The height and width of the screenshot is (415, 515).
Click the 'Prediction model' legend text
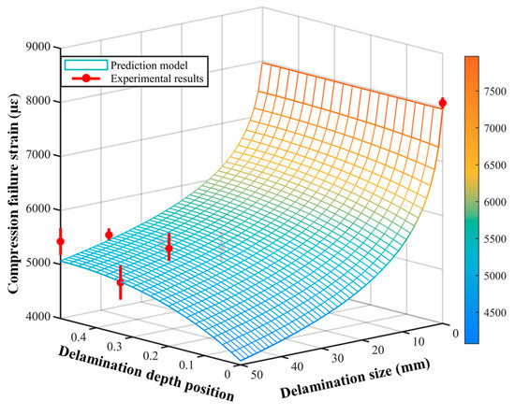[x=135, y=64]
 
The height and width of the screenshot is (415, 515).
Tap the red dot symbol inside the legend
[x=78, y=79]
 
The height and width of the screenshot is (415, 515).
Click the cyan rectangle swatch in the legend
[x=78, y=64]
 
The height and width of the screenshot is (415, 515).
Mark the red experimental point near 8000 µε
[x=443, y=103]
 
